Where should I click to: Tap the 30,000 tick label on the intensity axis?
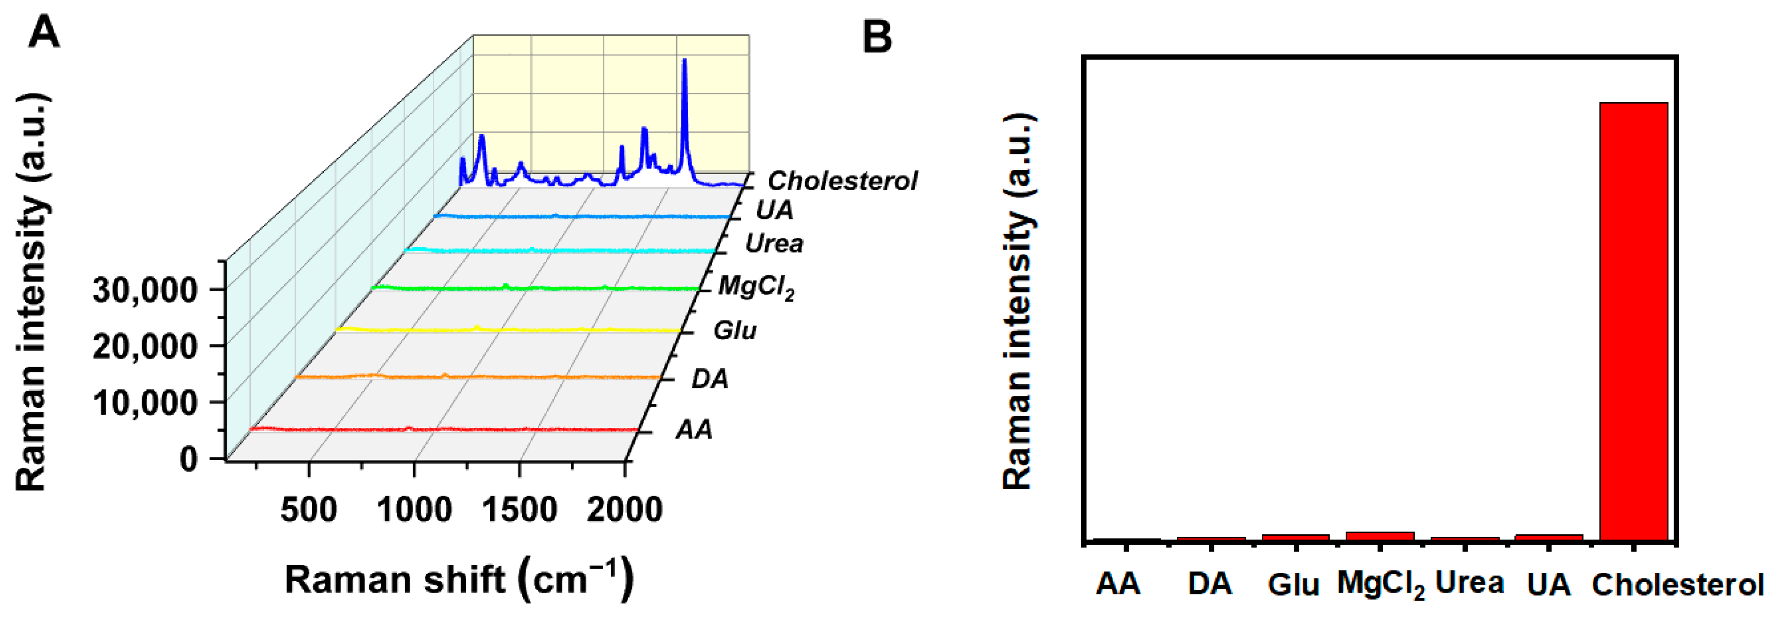click(145, 290)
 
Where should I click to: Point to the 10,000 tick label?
click(145, 403)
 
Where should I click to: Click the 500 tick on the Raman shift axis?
click(309, 510)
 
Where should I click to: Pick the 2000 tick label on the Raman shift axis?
click(624, 510)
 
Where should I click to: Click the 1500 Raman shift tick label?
click(519, 510)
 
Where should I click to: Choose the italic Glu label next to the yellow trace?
click(734, 331)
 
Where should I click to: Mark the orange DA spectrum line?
click(481, 377)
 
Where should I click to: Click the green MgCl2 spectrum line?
click(536, 288)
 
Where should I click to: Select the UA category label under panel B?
click(1548, 585)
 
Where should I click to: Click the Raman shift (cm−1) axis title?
click(459, 579)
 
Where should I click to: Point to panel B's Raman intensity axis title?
click(1018, 303)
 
